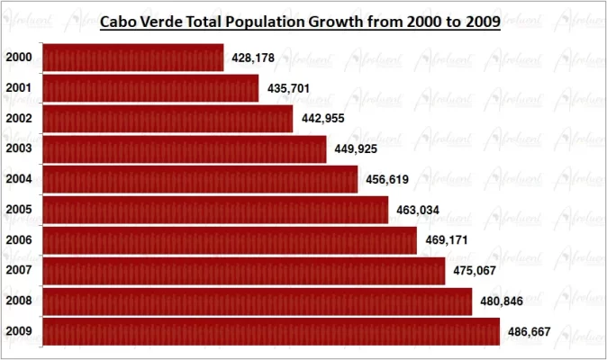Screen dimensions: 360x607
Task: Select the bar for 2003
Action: [185, 149]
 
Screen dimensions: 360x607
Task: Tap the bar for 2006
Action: [230, 240]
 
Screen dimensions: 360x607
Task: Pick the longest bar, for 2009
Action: [271, 331]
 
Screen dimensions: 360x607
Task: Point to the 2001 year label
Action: [19, 88]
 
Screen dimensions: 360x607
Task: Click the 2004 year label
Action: [19, 179]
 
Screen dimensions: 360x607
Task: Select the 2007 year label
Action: [19, 270]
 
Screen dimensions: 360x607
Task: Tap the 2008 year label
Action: [19, 301]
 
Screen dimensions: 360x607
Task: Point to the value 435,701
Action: [289, 88]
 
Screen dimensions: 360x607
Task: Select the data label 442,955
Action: [322, 119]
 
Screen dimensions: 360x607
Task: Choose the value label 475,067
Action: [475, 271]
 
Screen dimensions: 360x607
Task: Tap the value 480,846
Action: [502, 301]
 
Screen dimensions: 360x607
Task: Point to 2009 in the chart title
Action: [482, 22]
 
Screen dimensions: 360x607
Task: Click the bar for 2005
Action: [216, 210]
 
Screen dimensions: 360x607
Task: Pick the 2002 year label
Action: [19, 119]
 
